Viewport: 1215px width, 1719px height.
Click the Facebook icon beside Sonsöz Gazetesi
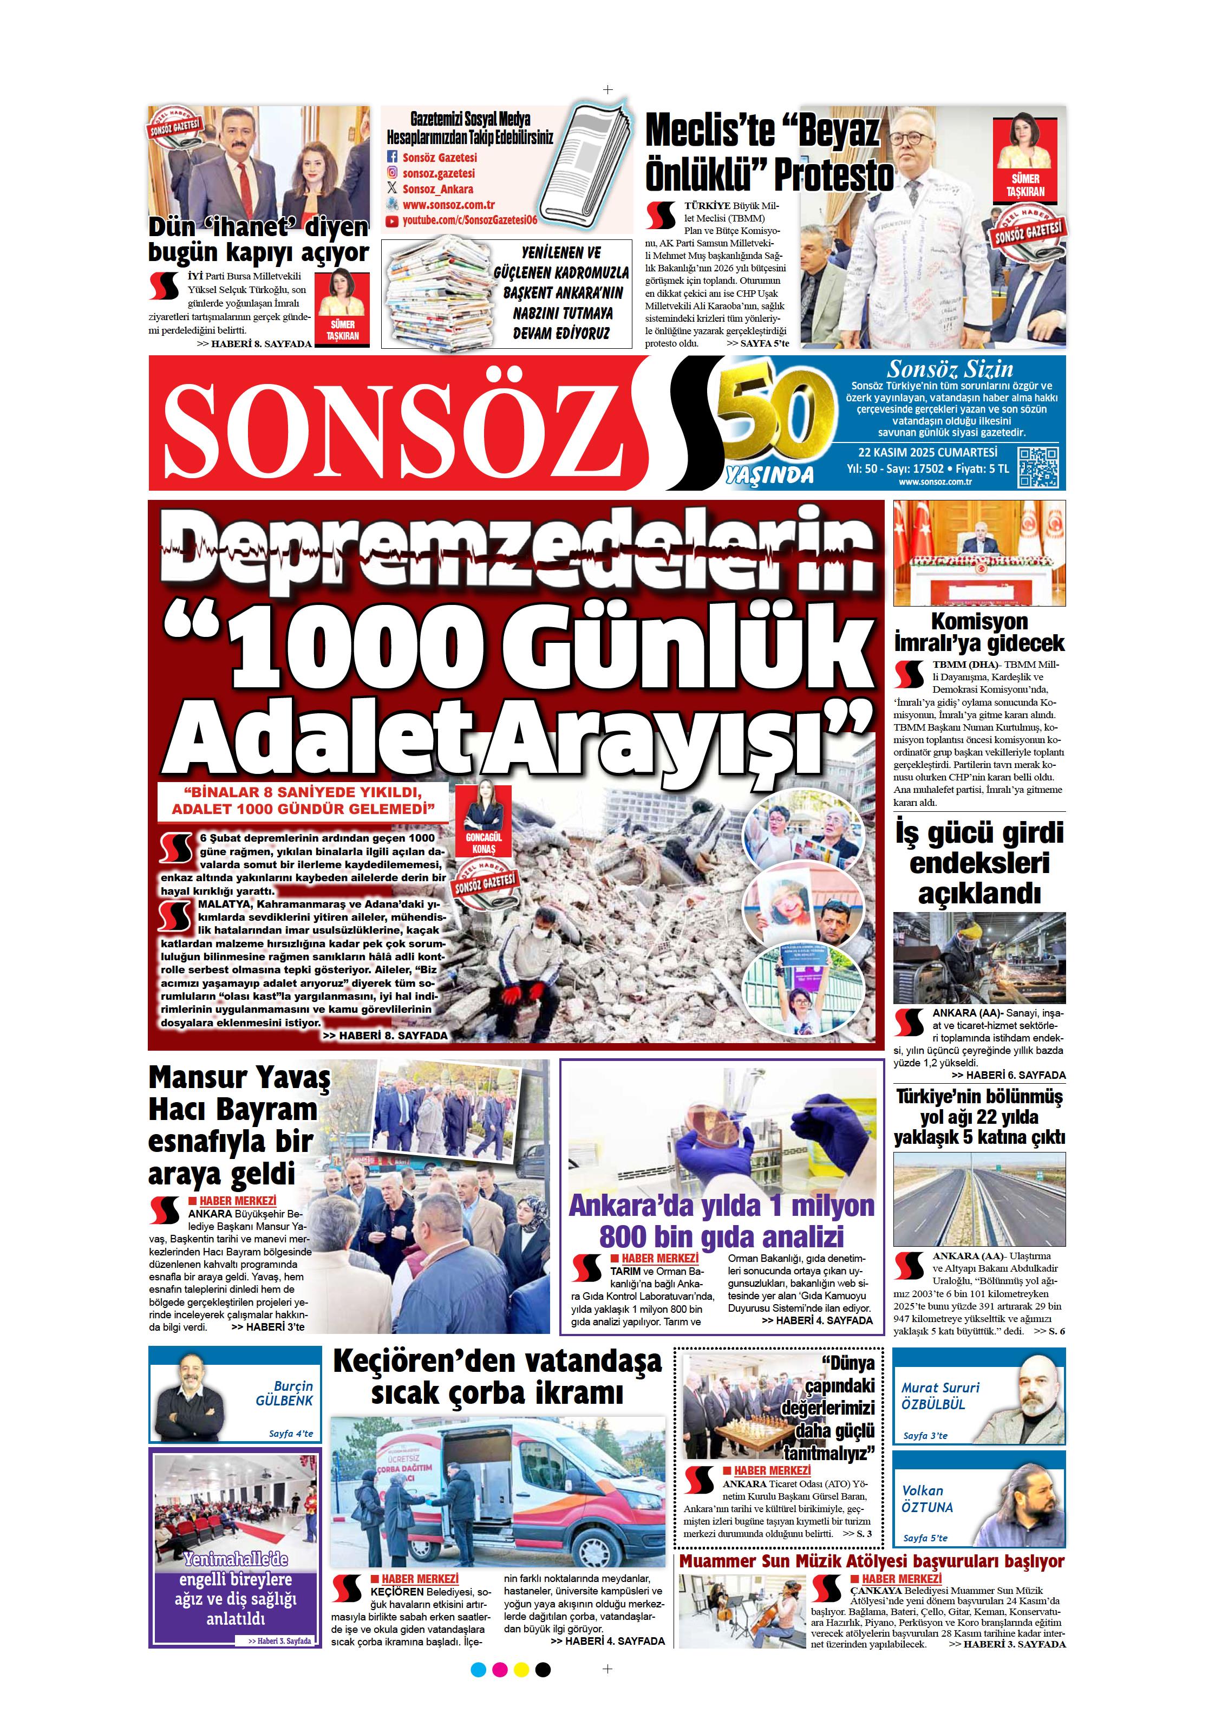coord(391,157)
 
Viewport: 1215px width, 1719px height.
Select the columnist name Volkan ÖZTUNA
coord(927,1498)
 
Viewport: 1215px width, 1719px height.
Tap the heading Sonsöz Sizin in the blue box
coord(949,369)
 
